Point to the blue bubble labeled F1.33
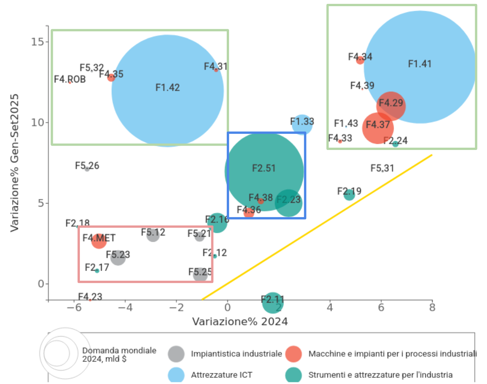coord(302,124)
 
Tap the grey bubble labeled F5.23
coord(118,257)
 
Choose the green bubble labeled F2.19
coord(349,195)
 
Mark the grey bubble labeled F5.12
coord(153,235)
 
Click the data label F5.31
coord(382,168)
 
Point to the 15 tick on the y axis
coord(37,41)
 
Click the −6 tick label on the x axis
coord(74,307)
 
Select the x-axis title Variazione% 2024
coord(240,322)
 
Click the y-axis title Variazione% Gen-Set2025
coord(14,163)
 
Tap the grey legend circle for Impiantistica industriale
coord(176,354)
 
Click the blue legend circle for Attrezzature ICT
coord(176,375)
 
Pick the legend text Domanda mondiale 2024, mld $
coord(119,354)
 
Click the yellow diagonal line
coord(316,227)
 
